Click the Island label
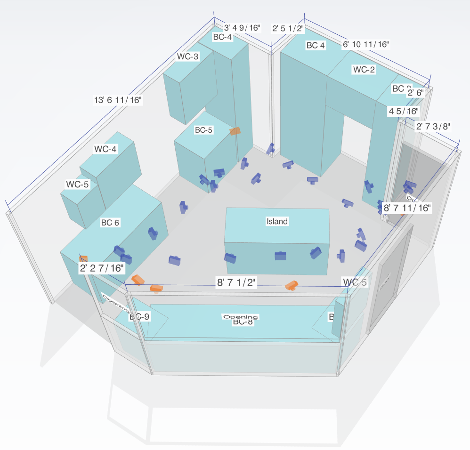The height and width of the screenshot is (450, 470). point(277,221)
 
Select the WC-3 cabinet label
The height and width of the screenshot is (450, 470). point(188,56)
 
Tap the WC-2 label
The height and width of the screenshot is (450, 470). point(364,70)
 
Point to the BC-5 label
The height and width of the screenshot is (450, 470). point(203,130)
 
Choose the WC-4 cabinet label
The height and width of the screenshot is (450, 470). point(105,149)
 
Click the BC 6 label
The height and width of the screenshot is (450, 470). point(110,223)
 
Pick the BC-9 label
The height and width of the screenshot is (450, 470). point(139,317)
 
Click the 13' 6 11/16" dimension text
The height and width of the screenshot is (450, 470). point(118,100)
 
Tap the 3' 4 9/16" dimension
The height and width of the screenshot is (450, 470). point(242,28)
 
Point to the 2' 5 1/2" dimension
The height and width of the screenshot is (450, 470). point(288,29)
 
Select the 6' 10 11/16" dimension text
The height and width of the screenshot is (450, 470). point(365,44)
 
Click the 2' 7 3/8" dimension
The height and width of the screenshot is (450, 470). point(433,126)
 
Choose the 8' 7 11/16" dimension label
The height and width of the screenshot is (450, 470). point(407,208)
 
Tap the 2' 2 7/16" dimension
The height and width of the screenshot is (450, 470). point(102,268)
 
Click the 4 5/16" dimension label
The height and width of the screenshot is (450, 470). point(403,111)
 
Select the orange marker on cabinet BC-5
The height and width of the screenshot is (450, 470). point(235,131)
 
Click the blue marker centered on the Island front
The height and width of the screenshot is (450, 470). point(281,256)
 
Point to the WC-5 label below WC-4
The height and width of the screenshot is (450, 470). point(78,184)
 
